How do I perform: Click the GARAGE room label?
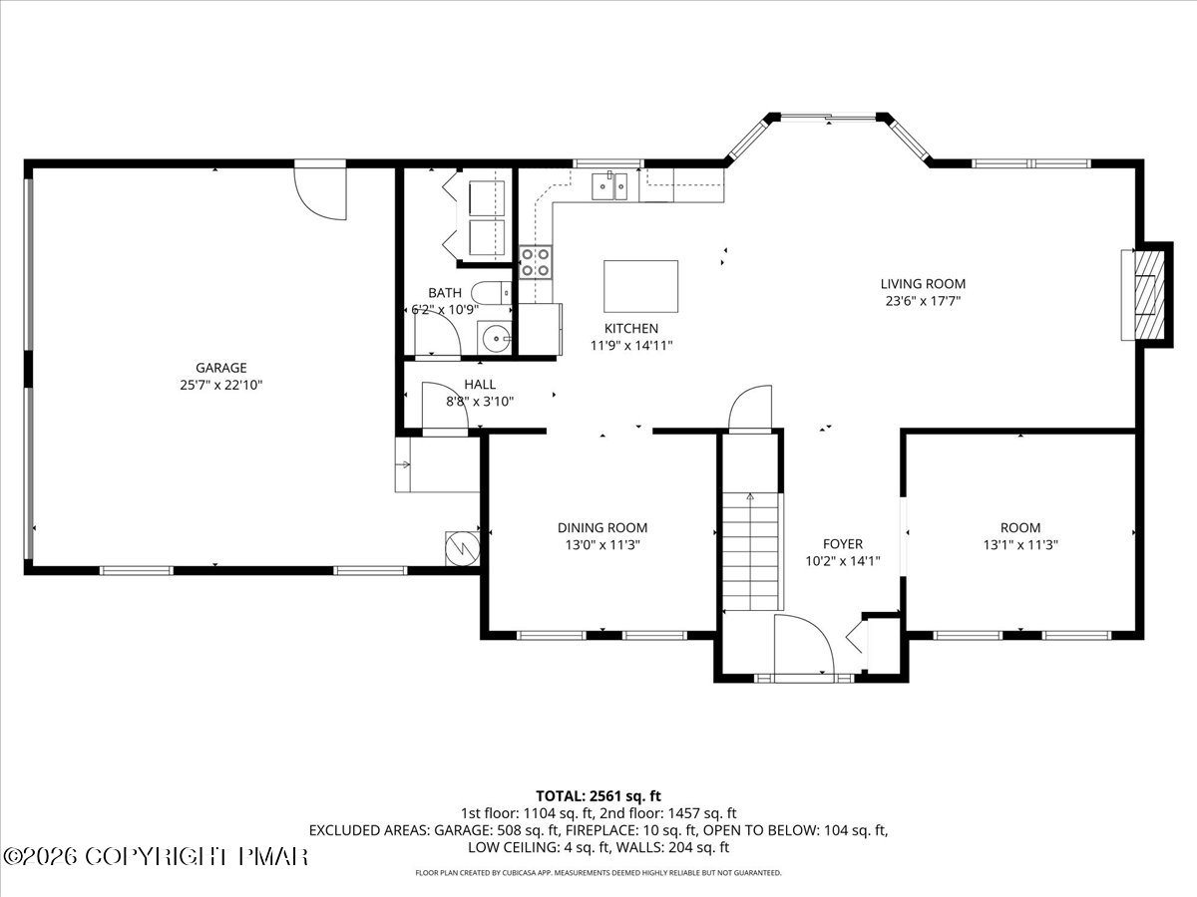click(x=221, y=368)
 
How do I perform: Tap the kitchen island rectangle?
click(x=640, y=286)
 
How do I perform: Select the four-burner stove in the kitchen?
click(x=536, y=262)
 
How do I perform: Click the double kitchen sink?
click(x=609, y=186)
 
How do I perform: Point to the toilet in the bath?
click(x=492, y=293)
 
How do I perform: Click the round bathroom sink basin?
click(x=495, y=339)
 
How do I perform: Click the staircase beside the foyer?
click(x=751, y=551)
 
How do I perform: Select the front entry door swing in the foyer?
click(x=804, y=645)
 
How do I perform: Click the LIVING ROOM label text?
click(x=923, y=284)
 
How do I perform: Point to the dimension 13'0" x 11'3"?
click(x=602, y=544)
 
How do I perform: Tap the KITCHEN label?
click(x=631, y=329)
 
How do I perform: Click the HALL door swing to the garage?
click(x=445, y=406)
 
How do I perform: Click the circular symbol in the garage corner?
click(x=463, y=548)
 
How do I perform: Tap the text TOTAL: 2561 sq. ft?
click(x=598, y=796)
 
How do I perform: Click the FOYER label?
click(x=843, y=543)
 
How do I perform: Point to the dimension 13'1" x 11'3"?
click(x=1020, y=544)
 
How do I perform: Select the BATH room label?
click(x=445, y=293)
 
